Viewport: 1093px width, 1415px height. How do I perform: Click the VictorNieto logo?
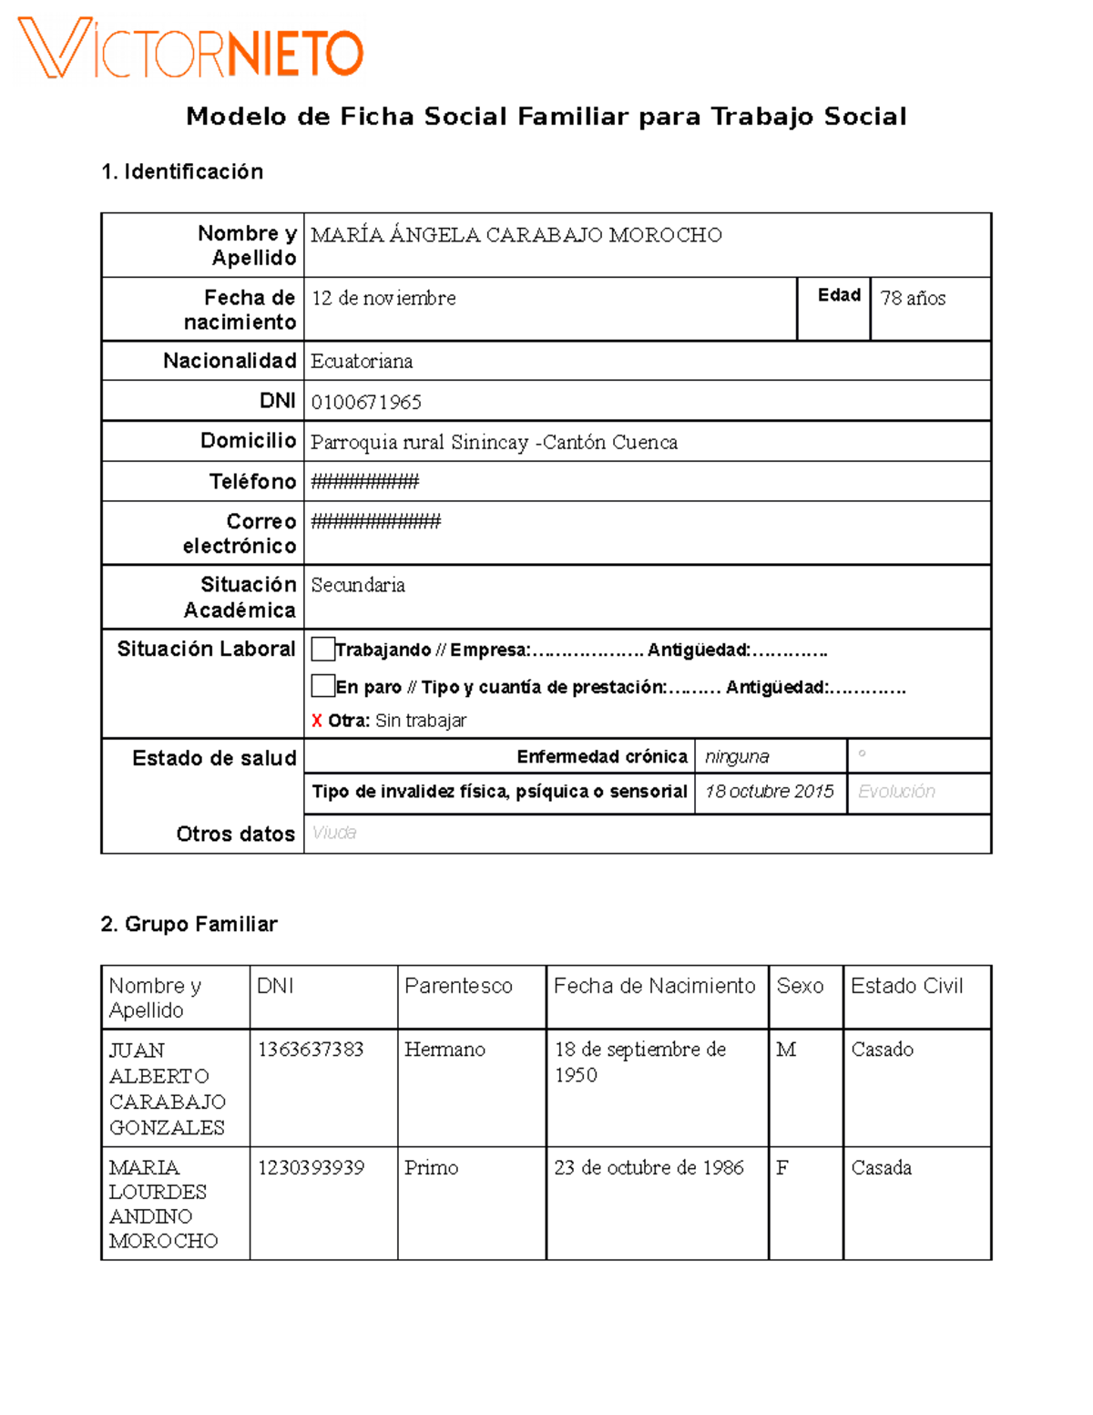click(191, 48)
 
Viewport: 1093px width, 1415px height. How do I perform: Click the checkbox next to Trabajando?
click(322, 649)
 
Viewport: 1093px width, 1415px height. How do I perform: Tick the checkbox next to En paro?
click(322, 685)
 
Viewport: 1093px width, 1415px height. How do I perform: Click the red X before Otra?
click(316, 721)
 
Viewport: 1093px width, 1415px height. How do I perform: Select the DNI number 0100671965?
click(366, 402)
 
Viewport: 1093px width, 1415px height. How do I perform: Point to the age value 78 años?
click(913, 298)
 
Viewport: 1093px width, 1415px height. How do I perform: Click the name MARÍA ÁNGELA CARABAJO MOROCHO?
click(516, 235)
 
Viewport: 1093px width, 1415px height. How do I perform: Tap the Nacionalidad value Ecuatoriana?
click(362, 361)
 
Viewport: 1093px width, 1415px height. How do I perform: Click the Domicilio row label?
click(248, 441)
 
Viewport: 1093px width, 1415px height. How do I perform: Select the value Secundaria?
click(358, 585)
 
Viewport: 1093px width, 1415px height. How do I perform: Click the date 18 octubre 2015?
click(770, 791)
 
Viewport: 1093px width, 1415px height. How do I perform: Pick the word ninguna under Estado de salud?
click(737, 756)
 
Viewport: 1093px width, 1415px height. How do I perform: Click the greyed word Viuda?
click(334, 833)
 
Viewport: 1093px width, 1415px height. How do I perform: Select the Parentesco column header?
click(458, 986)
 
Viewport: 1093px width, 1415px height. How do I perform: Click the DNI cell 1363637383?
click(311, 1050)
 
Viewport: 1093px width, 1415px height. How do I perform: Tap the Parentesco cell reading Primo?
click(431, 1167)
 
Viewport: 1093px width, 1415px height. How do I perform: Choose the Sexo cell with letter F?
click(782, 1167)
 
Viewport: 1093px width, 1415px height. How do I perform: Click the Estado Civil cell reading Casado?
click(882, 1050)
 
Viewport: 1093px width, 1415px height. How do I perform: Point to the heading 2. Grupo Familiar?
click(189, 924)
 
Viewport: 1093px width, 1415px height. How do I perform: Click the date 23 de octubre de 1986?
click(649, 1167)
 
